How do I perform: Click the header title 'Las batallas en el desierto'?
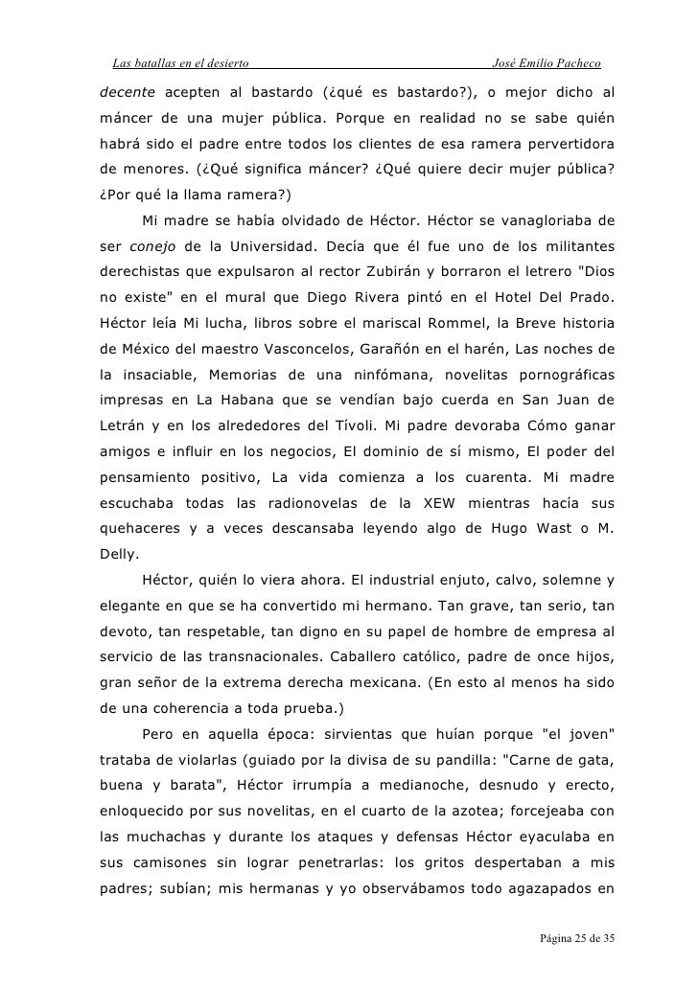tap(181, 64)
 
